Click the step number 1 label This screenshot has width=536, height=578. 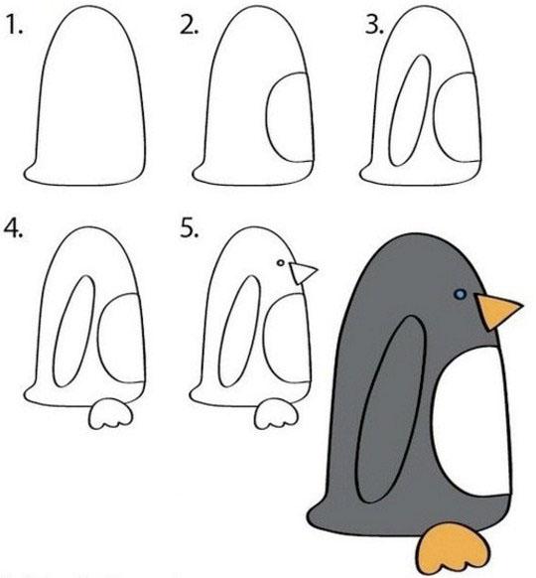pos(15,26)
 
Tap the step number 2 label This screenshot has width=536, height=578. pos(189,26)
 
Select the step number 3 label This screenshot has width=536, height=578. pos(374,26)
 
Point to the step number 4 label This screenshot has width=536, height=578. pos(13,228)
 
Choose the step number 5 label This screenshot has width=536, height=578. pos(189,228)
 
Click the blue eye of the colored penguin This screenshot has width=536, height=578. pos(461,294)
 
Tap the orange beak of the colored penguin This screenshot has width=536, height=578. pos(497,311)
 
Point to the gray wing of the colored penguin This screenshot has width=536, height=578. pos(392,409)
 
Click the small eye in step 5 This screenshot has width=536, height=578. pos(281,263)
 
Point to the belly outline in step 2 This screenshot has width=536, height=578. pos(267,118)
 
